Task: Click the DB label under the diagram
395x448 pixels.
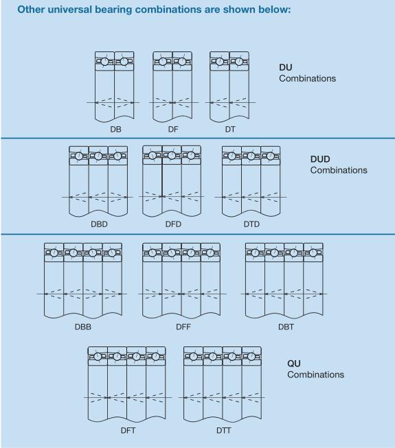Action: (115, 130)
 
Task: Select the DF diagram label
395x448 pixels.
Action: (173, 130)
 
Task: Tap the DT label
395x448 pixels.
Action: (230, 130)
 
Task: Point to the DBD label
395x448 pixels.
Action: (99, 224)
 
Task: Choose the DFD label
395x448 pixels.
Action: (173, 224)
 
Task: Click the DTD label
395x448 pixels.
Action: (251, 224)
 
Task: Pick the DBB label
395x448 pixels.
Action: (83, 327)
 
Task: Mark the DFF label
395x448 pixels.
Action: (183, 327)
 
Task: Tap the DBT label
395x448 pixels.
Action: (286, 327)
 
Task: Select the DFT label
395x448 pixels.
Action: (128, 430)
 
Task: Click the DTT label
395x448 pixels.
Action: (223, 430)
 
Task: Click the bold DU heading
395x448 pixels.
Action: (286, 67)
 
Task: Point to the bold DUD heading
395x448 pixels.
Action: (320, 159)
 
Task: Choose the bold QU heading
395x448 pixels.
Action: (294, 364)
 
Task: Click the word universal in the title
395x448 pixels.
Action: (70, 10)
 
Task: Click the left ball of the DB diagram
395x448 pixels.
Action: (104, 62)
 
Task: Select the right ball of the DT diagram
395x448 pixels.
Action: (239, 62)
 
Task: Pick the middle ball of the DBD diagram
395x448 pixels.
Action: (98, 156)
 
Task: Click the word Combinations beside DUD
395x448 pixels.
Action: (339, 170)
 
